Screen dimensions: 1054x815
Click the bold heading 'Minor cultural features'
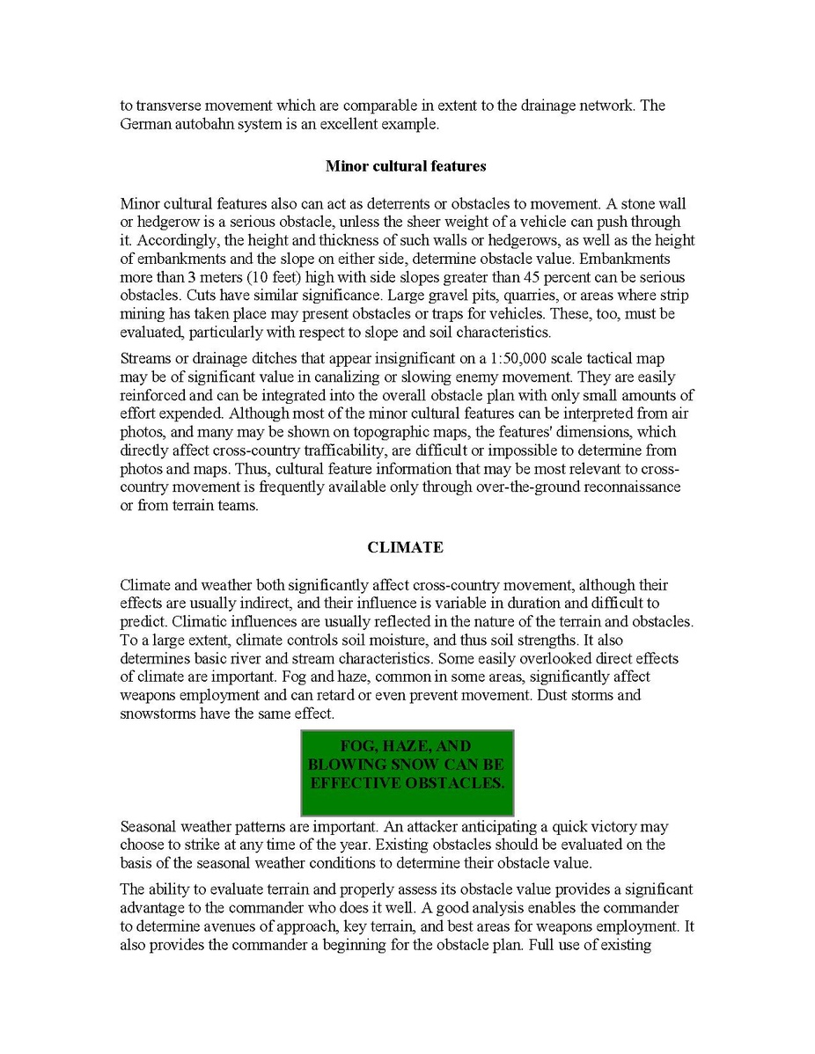406,165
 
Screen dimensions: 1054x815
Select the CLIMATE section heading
405,547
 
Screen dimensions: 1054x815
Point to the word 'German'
143,124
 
